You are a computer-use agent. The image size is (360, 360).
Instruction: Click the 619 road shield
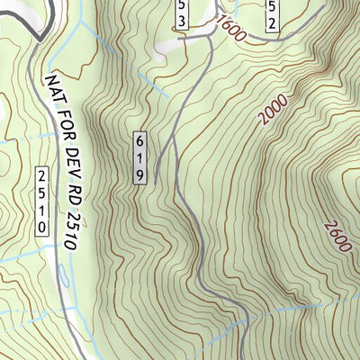click(x=139, y=158)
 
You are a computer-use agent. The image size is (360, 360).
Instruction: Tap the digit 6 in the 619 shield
click(x=139, y=141)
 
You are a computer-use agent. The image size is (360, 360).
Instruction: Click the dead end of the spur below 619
click(x=155, y=182)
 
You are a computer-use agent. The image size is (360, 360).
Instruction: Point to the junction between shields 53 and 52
click(x=216, y=20)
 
